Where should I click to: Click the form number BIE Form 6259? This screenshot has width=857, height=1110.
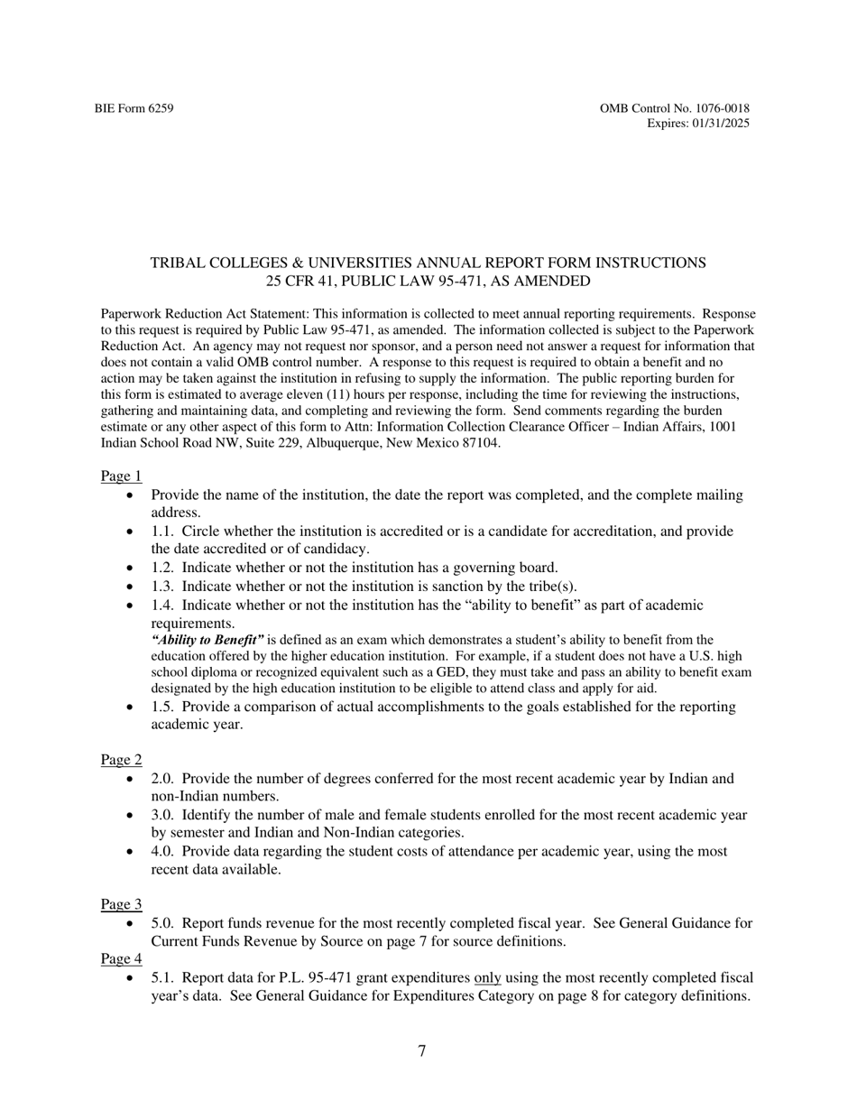(x=134, y=109)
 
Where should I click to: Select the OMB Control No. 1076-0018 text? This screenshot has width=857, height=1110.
(x=674, y=109)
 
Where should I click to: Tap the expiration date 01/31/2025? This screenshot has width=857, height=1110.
(x=719, y=124)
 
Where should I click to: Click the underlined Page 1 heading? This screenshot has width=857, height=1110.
(x=121, y=476)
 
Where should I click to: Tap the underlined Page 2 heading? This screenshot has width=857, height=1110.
(x=121, y=760)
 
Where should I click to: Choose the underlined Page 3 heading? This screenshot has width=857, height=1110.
(x=121, y=904)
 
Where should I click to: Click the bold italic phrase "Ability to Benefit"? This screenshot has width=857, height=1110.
(x=207, y=640)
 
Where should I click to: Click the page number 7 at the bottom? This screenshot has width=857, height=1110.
(x=421, y=1051)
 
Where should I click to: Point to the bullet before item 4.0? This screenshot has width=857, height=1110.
(x=134, y=852)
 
